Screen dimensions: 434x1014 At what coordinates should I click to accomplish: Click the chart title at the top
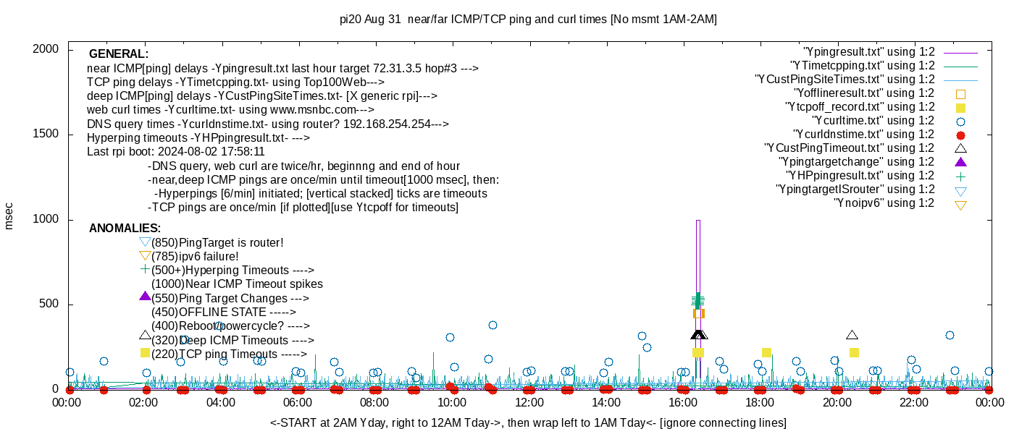(528, 20)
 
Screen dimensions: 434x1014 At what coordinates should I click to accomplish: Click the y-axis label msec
(9, 216)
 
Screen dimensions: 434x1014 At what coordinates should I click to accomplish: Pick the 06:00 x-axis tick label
(298, 403)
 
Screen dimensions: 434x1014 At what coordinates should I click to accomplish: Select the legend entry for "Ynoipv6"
(884, 203)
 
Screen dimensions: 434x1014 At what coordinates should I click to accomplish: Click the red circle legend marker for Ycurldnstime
(961, 135)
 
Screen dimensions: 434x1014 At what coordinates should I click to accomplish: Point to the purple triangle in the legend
(961, 161)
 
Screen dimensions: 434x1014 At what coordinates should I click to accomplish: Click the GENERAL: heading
(119, 54)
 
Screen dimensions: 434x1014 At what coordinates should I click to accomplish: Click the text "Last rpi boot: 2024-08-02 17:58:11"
(175, 152)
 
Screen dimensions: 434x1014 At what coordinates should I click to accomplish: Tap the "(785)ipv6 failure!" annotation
(195, 256)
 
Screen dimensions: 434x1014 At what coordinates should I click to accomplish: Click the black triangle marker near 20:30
(852, 335)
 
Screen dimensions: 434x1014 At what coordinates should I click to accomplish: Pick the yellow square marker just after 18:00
(766, 352)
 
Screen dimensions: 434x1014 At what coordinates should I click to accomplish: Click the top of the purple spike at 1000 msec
(698, 221)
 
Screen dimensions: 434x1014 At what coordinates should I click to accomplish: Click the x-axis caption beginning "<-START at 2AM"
(528, 422)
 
